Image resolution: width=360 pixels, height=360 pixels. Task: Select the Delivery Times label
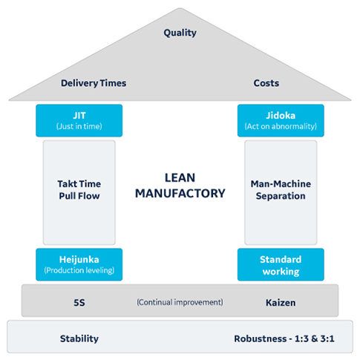[94, 83]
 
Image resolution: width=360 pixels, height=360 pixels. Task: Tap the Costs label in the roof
[266, 83]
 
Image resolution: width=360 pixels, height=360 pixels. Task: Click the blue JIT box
[79, 120]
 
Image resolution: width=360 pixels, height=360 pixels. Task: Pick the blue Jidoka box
[281, 120]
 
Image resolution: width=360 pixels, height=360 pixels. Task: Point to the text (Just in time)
[79, 127]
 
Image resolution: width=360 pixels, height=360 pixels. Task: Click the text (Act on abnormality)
[281, 127]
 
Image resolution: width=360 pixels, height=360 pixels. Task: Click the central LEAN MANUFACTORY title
[180, 185]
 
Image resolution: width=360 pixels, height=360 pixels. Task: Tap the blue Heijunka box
[79, 264]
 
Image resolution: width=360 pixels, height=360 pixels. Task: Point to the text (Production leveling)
[79, 271]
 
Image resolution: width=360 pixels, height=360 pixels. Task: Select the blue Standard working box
[281, 264]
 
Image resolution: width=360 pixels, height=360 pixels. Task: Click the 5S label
[79, 302]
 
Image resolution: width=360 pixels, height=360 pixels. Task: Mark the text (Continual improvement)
[180, 302]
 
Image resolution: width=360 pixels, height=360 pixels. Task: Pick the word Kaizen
[281, 302]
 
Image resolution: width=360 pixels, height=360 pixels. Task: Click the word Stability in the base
[79, 338]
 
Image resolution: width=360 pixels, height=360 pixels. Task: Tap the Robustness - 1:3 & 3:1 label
[281, 338]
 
